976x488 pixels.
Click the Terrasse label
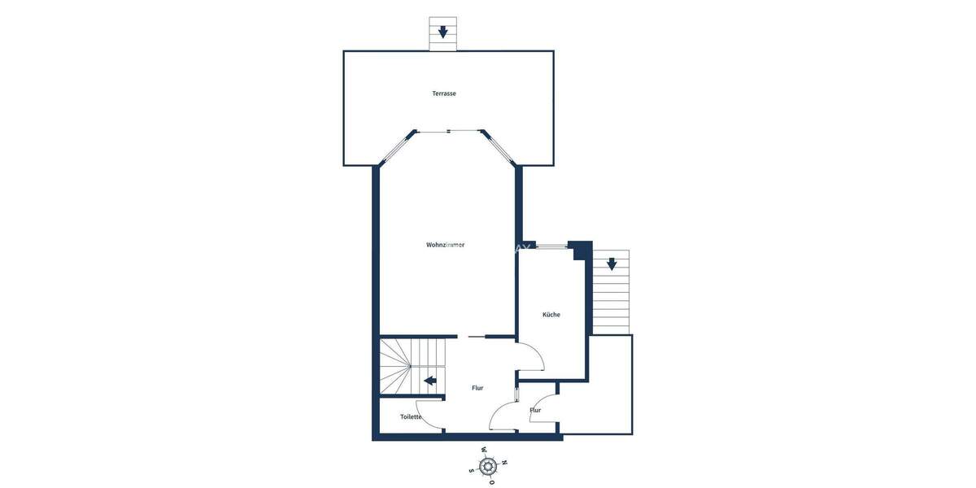[x=444, y=94]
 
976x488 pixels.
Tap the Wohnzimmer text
[x=445, y=245]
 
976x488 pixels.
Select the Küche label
[x=551, y=315]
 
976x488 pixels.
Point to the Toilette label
[x=411, y=417]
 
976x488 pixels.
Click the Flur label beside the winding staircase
[x=477, y=388]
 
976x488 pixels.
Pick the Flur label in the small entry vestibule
[x=535, y=411]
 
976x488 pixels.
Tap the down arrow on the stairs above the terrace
[x=443, y=33]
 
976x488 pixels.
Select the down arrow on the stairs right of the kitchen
[x=611, y=264]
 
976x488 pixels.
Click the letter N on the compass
[x=504, y=463]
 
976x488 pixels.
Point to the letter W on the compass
[x=484, y=449]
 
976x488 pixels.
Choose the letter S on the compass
[x=471, y=470]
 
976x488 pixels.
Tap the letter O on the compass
[x=491, y=482]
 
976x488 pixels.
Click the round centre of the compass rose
[x=488, y=466]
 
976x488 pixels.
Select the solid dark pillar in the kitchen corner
[x=581, y=250]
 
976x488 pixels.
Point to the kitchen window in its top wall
[x=552, y=246]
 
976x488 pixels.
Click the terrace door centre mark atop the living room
[x=448, y=130]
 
